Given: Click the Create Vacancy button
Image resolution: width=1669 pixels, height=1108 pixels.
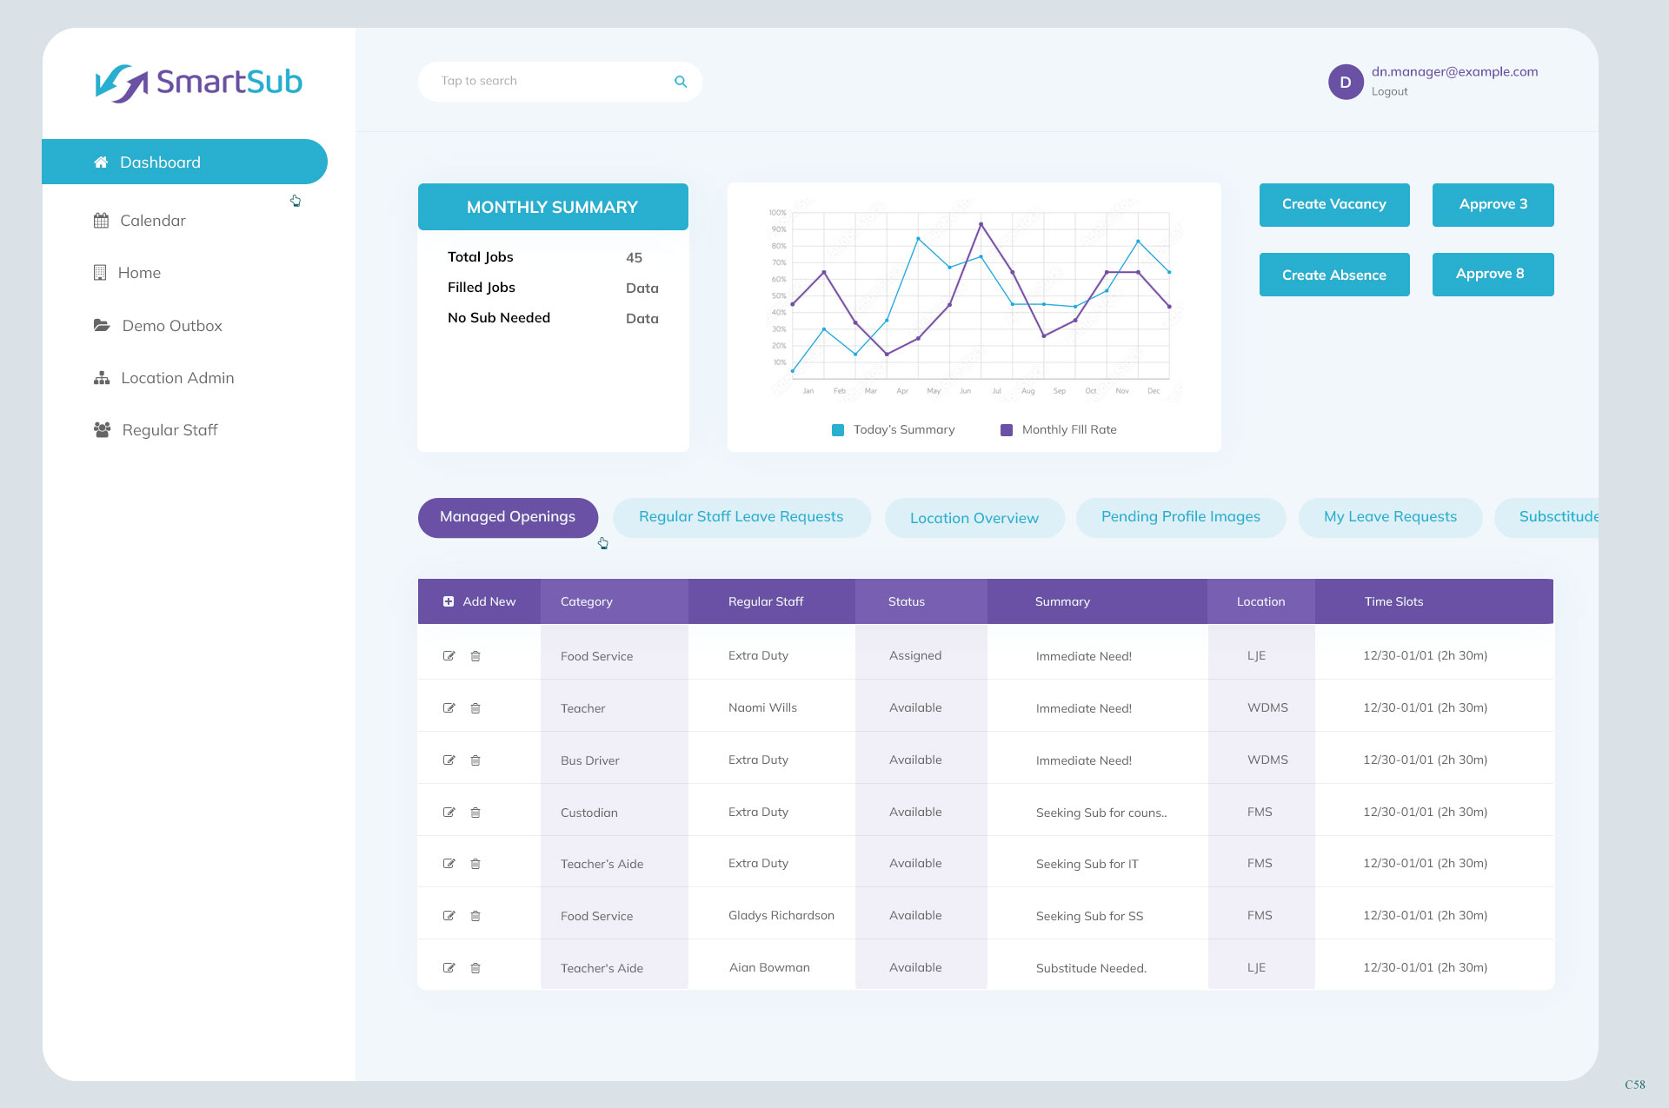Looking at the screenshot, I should coord(1333,205).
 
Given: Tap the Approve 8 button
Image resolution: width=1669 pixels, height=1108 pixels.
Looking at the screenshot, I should coord(1492,275).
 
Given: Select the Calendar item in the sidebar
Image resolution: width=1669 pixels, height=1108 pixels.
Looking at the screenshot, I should coord(152,221).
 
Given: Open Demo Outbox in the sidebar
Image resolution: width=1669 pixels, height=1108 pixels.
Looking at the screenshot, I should coord(171,326).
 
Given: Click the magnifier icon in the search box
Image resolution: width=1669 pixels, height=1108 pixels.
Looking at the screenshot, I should coord(681,82).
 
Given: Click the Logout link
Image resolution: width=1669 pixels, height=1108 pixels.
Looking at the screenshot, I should coord(1389,92).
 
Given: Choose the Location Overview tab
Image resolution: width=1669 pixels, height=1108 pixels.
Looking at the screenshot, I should coord(974,518).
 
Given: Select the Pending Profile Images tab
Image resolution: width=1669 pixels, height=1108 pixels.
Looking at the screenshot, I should coord(1180,517).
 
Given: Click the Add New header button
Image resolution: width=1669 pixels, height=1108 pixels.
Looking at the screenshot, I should coord(479,601).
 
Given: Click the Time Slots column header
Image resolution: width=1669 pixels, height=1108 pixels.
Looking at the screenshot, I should coord(1393,601).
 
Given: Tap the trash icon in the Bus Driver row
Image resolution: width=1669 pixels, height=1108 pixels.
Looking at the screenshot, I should coord(475,760).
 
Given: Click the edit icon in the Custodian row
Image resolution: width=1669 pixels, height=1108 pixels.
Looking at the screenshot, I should coord(449,813).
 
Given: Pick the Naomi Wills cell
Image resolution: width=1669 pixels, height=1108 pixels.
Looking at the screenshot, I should coord(762,708).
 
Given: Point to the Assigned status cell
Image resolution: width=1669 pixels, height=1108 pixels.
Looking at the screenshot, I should coord(914,656).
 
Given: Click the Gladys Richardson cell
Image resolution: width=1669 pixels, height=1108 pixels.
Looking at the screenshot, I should coord(781,916).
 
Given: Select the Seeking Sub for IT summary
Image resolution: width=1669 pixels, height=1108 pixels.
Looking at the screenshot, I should coord(1087,864).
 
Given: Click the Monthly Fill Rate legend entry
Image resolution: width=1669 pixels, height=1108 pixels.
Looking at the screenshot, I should coord(1059,430).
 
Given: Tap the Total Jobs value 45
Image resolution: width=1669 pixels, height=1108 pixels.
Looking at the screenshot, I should coord(634,258).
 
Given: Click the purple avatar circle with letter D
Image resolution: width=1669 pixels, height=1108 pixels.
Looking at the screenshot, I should coord(1345,83).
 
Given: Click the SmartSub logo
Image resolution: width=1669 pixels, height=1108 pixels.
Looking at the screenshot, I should coord(199,83).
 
